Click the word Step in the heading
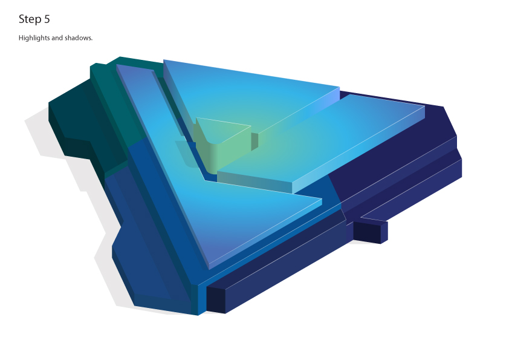(30, 19)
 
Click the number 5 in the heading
(47, 19)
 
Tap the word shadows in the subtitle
(79, 38)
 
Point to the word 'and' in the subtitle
(57, 38)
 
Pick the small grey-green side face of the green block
(254, 142)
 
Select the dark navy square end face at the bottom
(216, 299)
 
